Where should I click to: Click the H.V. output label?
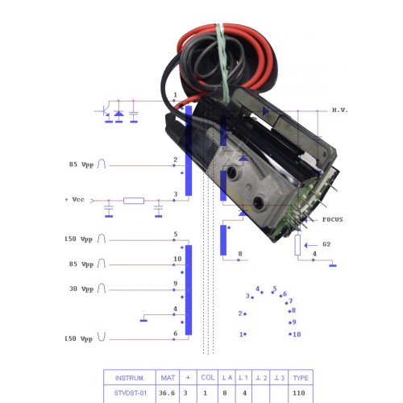[x=339, y=110]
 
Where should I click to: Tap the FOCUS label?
[x=333, y=219]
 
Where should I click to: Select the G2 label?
[x=326, y=244]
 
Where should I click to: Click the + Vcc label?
[x=75, y=200]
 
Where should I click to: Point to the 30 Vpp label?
[x=81, y=289]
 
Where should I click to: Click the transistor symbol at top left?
[x=106, y=111]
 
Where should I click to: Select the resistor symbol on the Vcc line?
[x=134, y=201]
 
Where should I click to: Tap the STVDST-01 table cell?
[x=131, y=393]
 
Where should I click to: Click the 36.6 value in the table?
[x=167, y=393]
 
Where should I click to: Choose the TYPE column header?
[x=301, y=378]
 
